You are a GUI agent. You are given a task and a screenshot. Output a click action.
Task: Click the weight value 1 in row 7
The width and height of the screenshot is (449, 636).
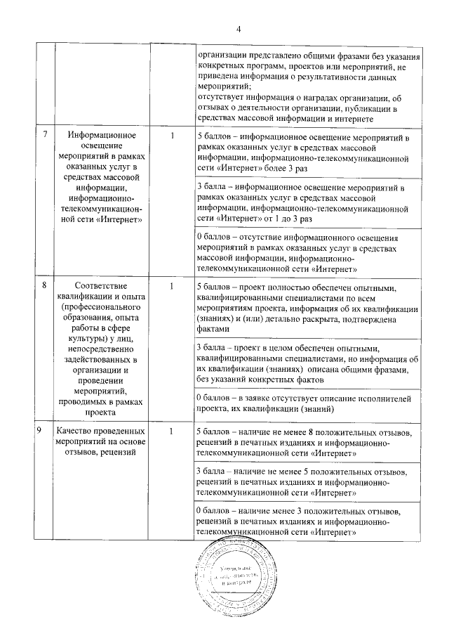[x=171, y=135]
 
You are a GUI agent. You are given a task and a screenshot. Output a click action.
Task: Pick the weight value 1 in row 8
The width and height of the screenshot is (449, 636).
[x=171, y=287]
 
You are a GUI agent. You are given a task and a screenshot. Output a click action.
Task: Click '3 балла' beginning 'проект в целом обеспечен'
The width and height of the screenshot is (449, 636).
[x=213, y=348]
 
